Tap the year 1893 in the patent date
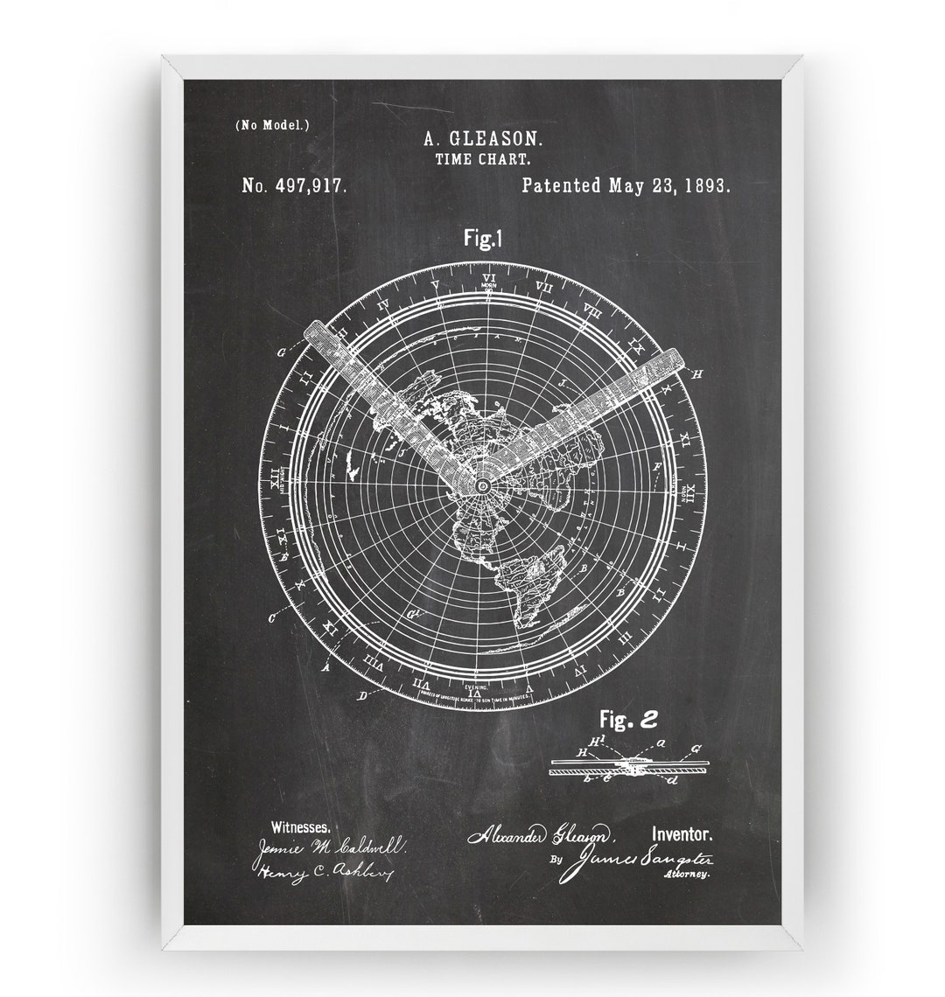coord(703,185)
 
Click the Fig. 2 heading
coord(627,720)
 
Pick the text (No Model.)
coord(271,125)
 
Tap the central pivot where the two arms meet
coord(482,483)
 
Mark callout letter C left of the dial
coord(272,617)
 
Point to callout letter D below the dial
coord(361,696)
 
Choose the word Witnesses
coord(300,826)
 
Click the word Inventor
coord(687,835)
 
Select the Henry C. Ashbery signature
coord(325,872)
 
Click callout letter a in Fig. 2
coord(662,743)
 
